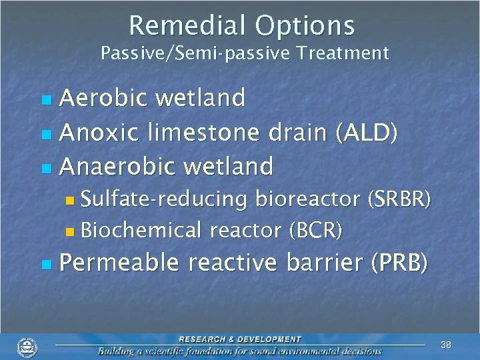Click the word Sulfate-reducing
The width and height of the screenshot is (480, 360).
point(165,199)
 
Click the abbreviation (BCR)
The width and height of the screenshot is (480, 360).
point(315,230)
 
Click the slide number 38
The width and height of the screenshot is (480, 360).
point(446,345)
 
